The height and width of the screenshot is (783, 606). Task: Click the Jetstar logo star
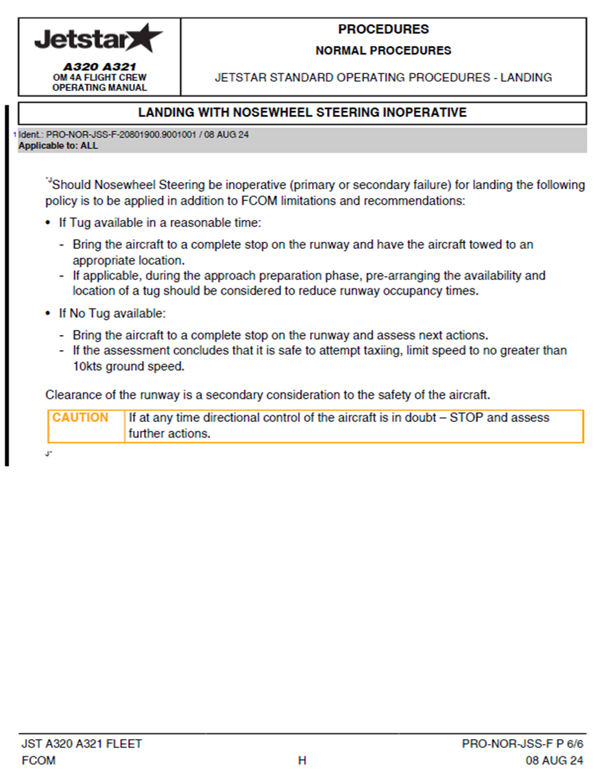pos(145,37)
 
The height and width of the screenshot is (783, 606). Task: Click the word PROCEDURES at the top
pos(383,29)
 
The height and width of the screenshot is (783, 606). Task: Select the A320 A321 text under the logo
pos(99,67)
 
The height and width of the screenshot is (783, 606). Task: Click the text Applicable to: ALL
pos(58,146)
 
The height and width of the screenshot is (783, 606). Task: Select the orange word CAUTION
pos(80,418)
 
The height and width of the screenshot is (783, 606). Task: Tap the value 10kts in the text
pos(88,366)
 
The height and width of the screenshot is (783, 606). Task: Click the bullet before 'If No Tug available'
pos(48,314)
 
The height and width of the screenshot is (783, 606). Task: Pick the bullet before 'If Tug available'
pos(48,223)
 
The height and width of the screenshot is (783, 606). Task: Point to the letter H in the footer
pos(302,760)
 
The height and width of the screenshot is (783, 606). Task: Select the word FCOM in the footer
pos(38,760)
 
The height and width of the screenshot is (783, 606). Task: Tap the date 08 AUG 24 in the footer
pos(555,760)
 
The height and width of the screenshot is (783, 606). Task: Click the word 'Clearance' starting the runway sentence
pos(71,395)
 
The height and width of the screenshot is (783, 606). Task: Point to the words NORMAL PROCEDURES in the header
pos(383,51)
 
